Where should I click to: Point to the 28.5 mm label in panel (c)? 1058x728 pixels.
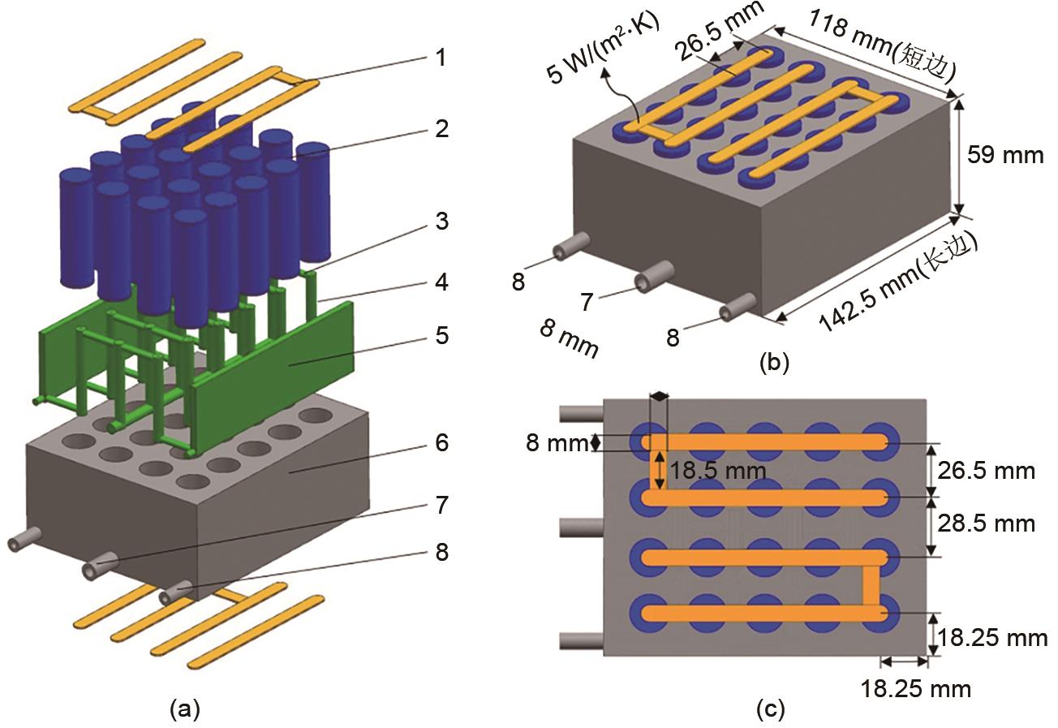coord(987,523)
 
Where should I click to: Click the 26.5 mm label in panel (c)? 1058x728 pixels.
coord(987,470)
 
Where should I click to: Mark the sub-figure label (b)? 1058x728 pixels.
coord(773,362)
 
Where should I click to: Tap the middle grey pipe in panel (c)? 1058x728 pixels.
coord(581,527)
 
